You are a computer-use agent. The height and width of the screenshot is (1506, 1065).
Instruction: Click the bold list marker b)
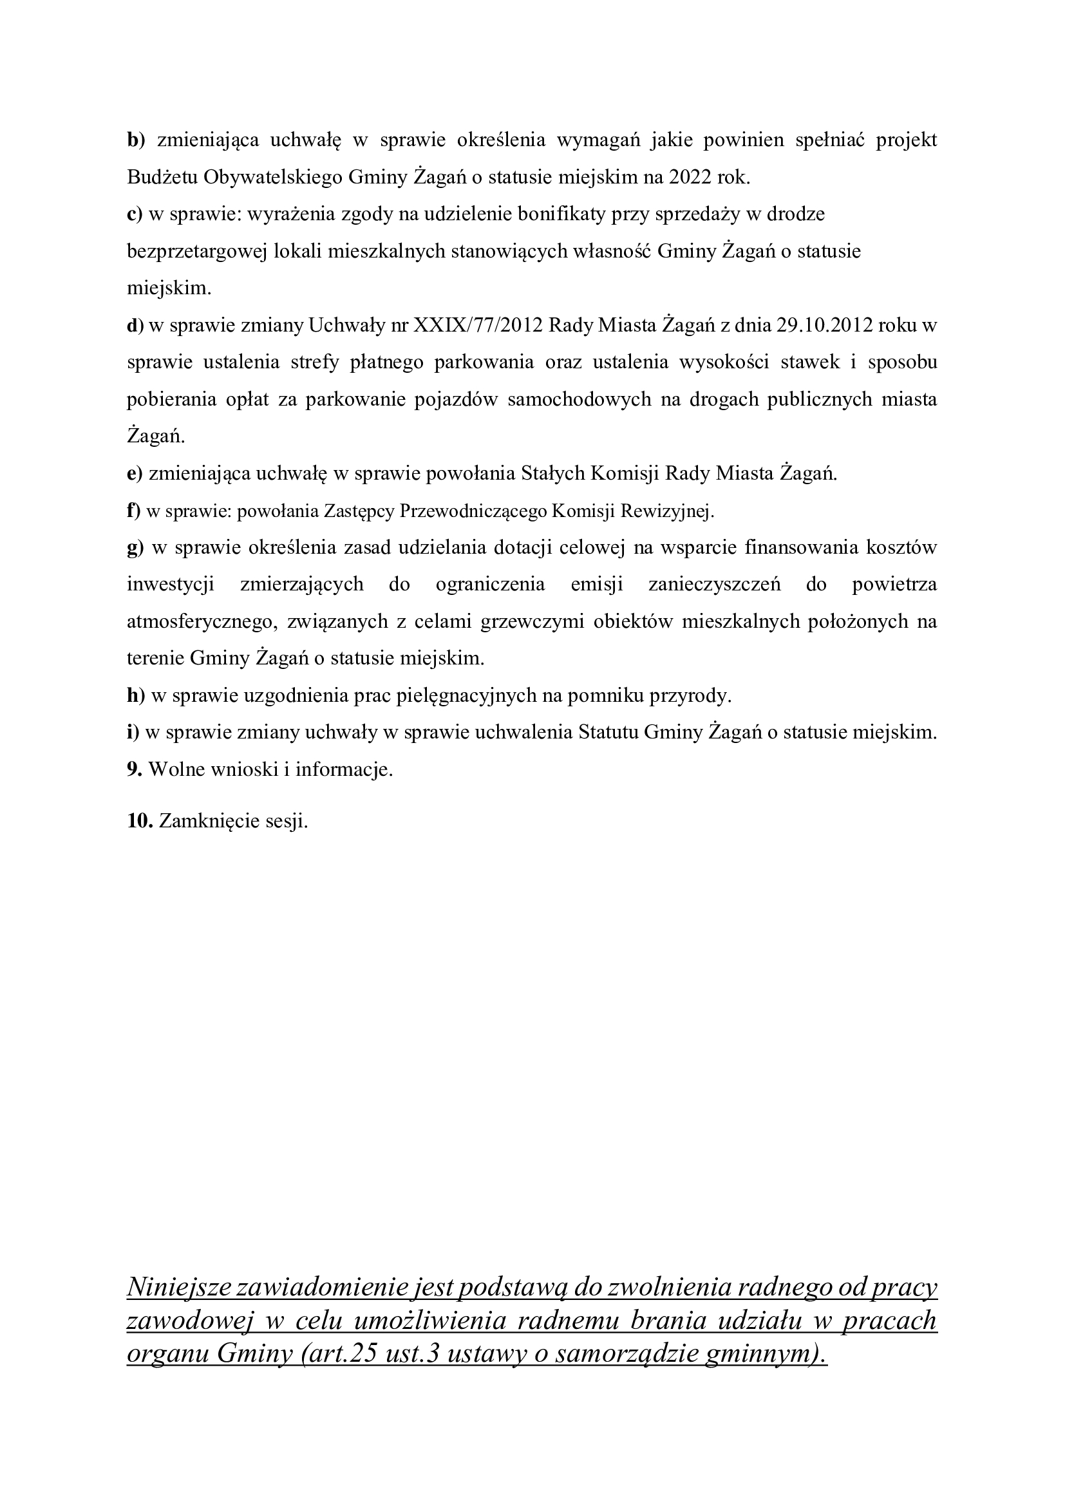click(x=135, y=140)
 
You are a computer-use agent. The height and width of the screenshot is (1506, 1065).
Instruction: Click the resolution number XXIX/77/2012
click(x=478, y=326)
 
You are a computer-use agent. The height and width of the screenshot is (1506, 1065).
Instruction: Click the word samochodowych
click(x=579, y=400)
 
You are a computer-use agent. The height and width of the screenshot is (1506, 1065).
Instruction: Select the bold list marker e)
click(x=135, y=474)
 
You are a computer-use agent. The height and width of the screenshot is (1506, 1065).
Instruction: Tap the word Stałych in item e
click(x=553, y=474)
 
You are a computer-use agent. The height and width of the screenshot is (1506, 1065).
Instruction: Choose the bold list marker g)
click(x=135, y=549)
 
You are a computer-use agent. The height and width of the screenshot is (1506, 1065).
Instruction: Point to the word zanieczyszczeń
click(x=714, y=585)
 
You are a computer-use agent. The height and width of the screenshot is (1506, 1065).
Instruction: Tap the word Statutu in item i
click(x=608, y=733)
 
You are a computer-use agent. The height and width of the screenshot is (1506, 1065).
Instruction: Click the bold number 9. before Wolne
click(x=135, y=770)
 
